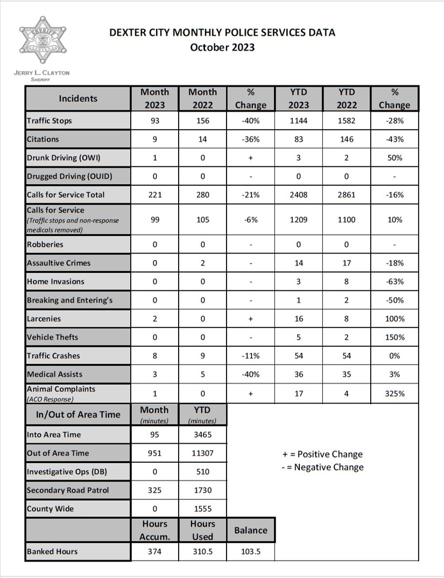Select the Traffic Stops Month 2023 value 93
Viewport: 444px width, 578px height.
155,121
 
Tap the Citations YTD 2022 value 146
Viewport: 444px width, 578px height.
347,140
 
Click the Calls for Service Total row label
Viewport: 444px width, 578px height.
66,194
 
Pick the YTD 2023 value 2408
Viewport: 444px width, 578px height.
299,194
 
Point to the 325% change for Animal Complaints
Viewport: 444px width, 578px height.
394,394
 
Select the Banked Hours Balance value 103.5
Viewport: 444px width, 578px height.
250,552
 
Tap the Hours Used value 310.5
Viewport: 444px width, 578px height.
202,552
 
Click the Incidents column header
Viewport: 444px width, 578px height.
78,99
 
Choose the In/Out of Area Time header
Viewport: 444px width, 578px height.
78,415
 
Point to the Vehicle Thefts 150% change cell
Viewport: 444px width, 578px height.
394,337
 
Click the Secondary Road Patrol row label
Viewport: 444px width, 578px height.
68,490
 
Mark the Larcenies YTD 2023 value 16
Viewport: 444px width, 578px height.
299,319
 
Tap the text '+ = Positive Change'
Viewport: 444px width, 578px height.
322,454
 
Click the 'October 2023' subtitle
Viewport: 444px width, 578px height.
222,47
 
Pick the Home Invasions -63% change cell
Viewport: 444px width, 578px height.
394,282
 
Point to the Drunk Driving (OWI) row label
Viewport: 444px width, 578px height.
64,158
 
